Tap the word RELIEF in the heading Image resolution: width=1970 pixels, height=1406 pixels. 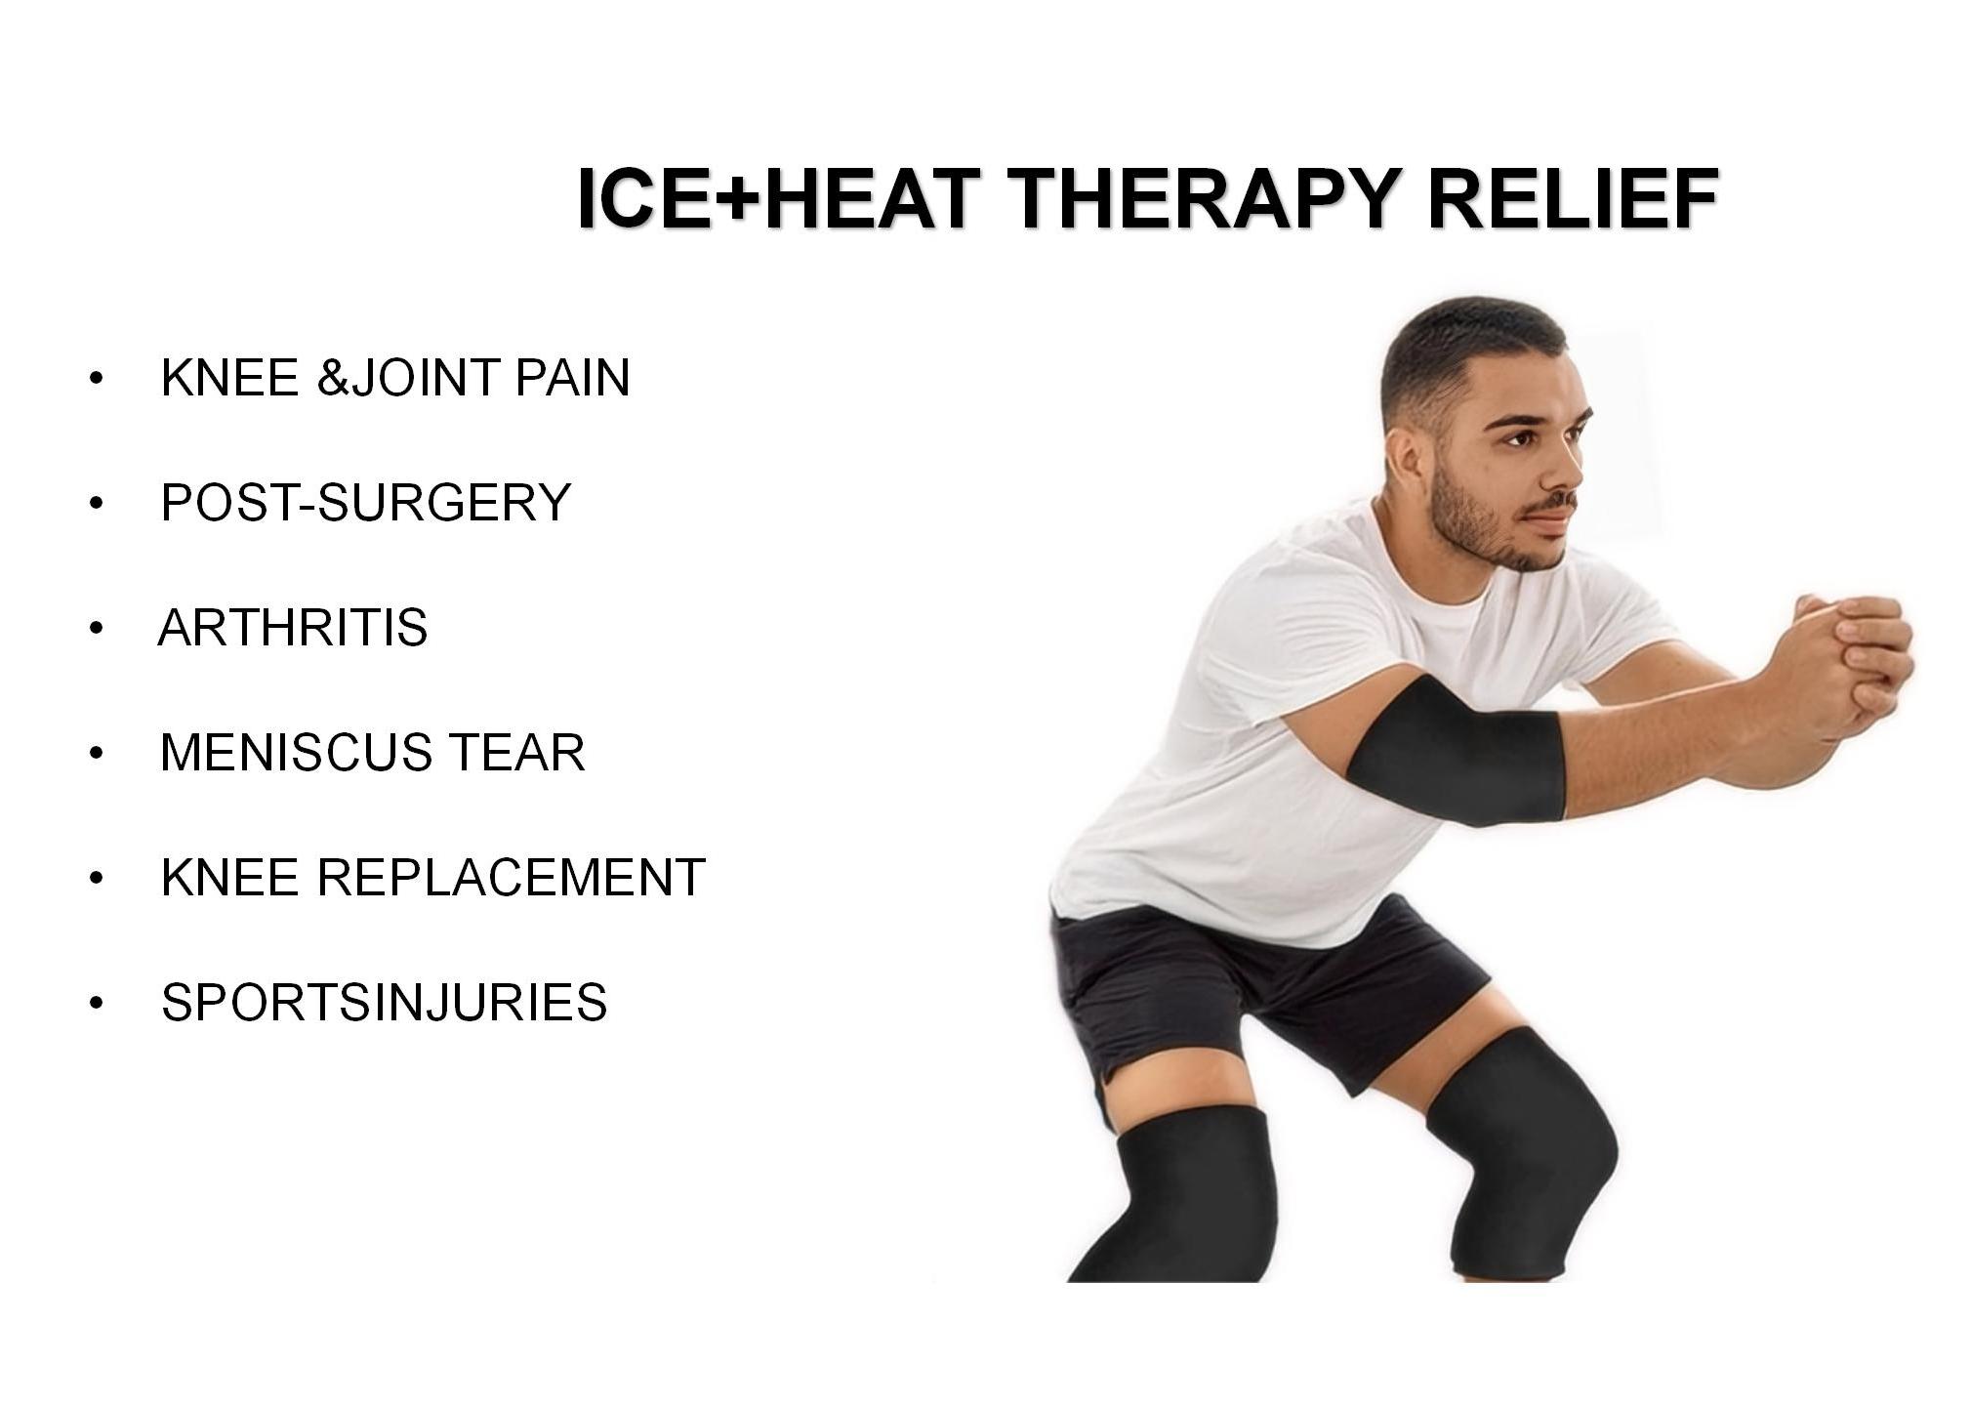pos(1572,198)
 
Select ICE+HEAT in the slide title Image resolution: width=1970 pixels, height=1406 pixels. pos(779,198)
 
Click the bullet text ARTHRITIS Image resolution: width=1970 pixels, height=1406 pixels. pos(293,627)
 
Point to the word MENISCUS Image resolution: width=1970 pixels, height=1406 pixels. pos(296,752)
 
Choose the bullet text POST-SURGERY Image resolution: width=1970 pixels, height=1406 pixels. pos(365,502)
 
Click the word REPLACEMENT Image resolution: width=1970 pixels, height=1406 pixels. pos(511,877)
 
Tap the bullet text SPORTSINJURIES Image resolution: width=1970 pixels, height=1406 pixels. pos(385,1002)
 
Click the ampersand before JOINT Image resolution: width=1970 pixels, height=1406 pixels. pos(333,377)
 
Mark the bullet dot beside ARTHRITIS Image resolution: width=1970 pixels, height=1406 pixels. pos(96,628)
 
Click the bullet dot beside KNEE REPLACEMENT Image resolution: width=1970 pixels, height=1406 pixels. pos(96,878)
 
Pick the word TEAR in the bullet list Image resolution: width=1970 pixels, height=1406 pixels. pos(516,752)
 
